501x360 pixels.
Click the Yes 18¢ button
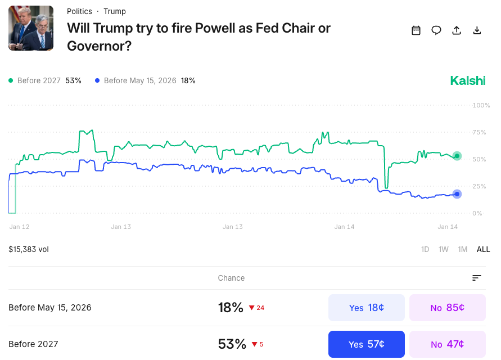366,308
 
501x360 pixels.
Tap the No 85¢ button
447,308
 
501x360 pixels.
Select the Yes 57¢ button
366,344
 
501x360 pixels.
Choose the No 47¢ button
447,344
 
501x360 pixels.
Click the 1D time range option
425,249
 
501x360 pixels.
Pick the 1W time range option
444,249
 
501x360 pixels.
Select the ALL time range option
483,249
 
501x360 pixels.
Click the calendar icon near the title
416,30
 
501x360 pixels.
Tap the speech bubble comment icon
436,30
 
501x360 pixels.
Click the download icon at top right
477,30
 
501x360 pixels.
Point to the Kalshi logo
467,81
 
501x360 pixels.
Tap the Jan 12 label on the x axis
19,227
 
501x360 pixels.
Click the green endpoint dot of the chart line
457,156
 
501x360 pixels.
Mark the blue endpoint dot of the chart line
457,194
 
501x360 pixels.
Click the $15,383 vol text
29,249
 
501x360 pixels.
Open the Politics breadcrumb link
79,11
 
